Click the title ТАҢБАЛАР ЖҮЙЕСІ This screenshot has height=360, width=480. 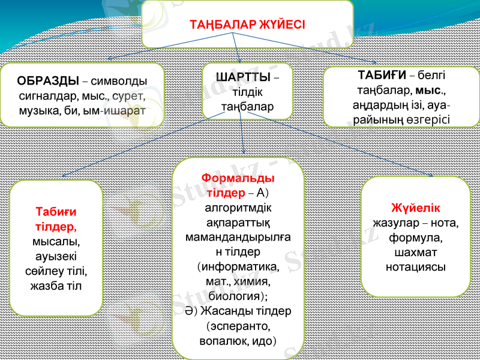pyautogui.click(x=247, y=25)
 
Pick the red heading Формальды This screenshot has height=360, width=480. pyautogui.click(x=238, y=179)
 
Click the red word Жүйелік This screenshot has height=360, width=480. pyautogui.click(x=415, y=208)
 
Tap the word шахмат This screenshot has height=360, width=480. pyautogui.click(x=415, y=252)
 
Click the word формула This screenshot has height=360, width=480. pyautogui.click(x=415, y=238)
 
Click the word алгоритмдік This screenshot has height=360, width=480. pyautogui.click(x=238, y=208)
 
